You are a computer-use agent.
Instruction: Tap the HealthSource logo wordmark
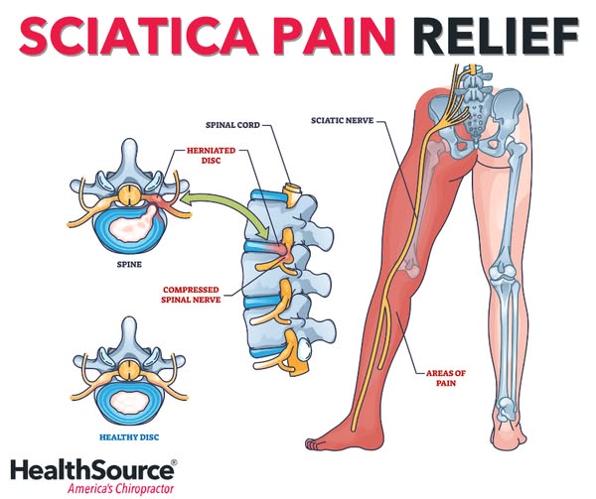91,469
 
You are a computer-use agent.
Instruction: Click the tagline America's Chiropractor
119,488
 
